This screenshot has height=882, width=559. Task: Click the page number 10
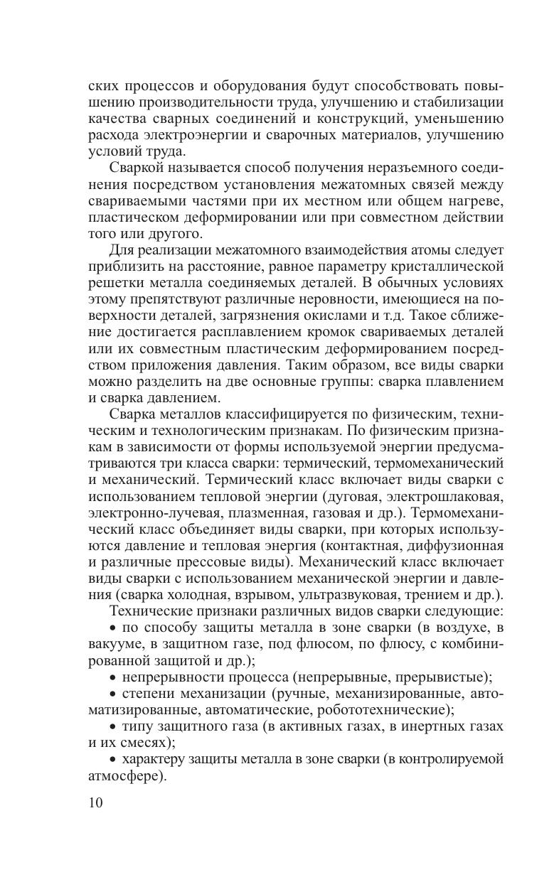tap(96, 803)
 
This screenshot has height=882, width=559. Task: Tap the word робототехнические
tap(388, 709)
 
